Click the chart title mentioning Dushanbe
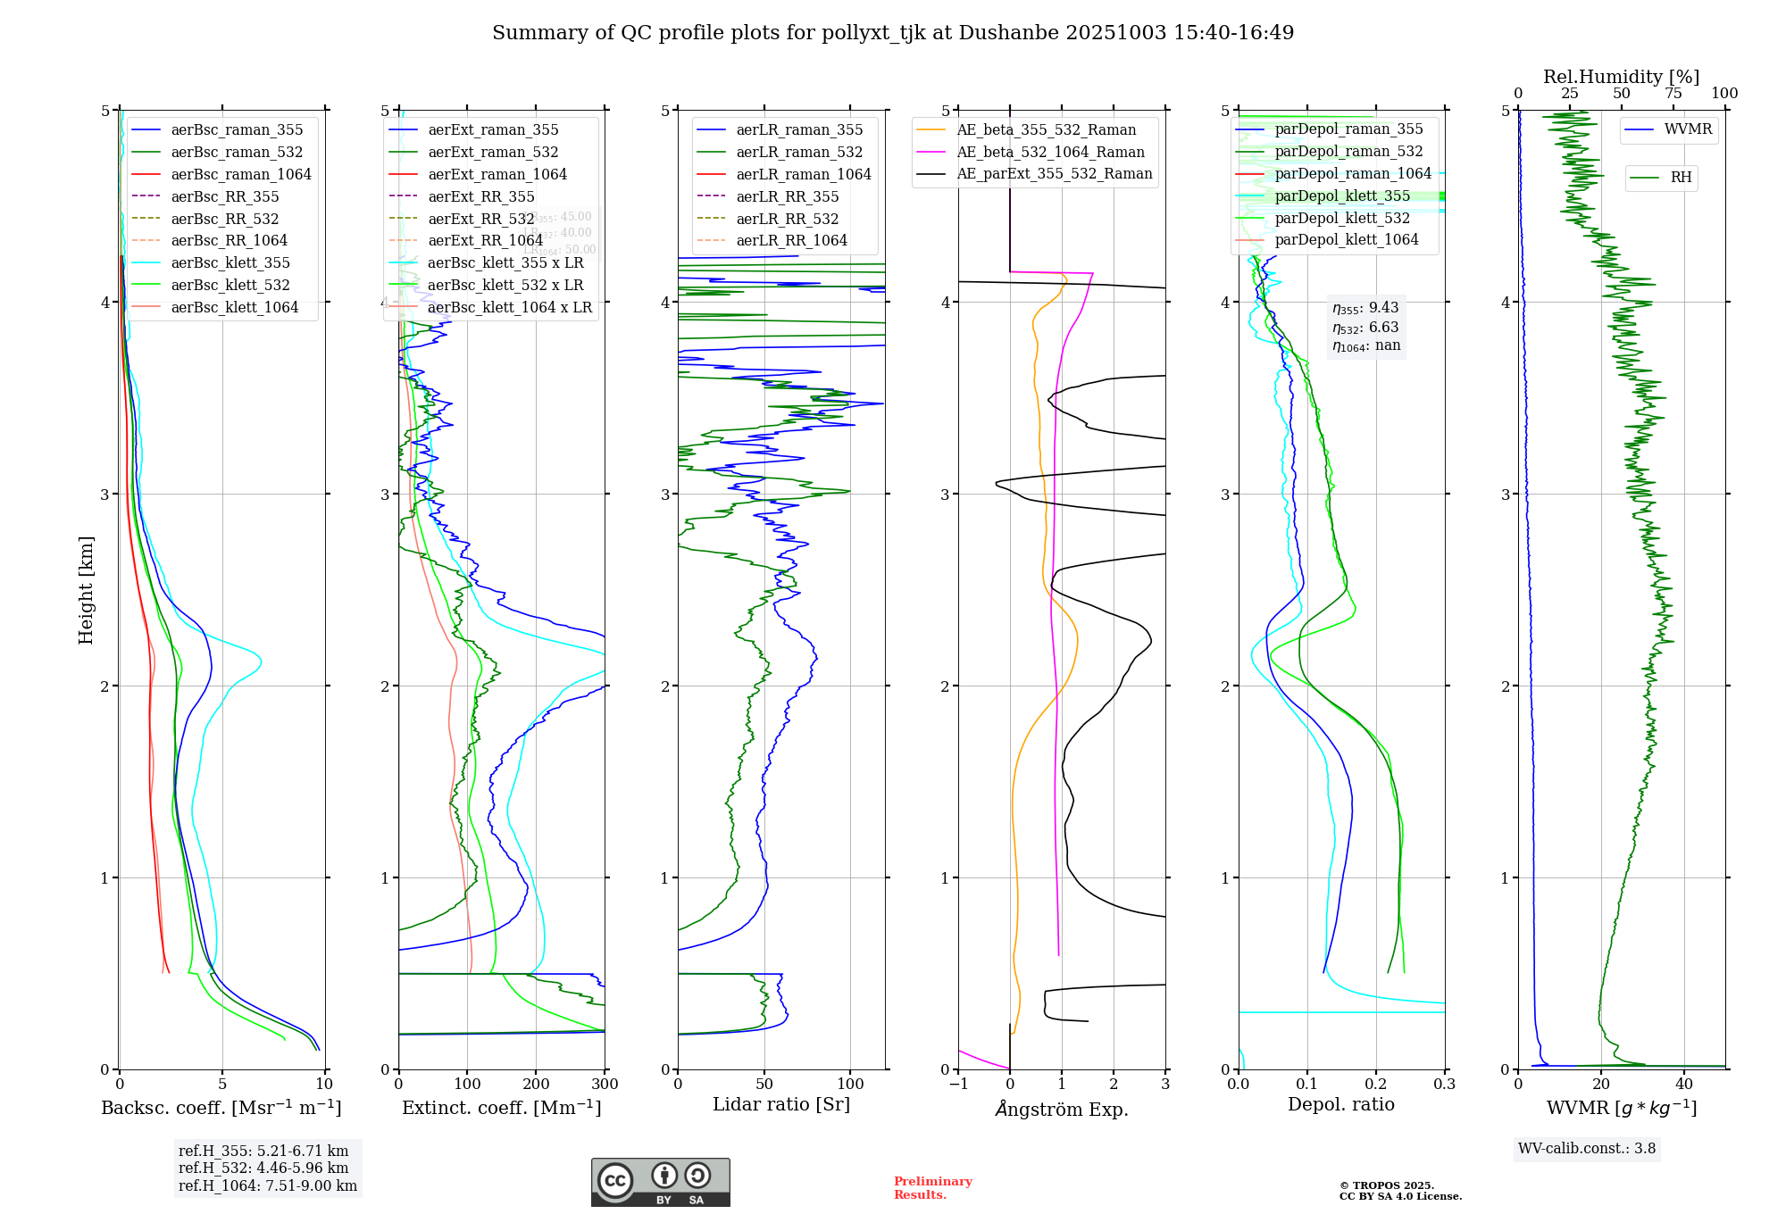point(893,33)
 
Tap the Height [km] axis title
point(86,589)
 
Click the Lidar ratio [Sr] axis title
point(781,1104)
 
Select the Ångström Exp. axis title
point(1062,1109)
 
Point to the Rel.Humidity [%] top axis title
point(1621,77)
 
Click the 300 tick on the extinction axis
point(605,1084)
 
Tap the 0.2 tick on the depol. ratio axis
point(1376,1084)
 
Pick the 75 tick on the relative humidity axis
point(1673,93)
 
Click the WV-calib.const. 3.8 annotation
point(1587,1148)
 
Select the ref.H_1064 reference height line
point(268,1185)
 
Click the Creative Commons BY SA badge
point(660,1182)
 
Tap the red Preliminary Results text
point(932,1187)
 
